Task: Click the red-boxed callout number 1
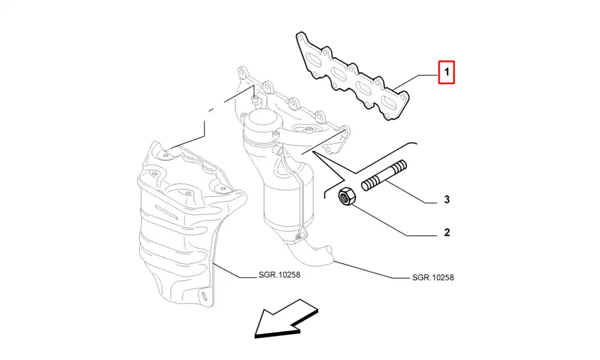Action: (x=446, y=74)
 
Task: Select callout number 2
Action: (x=446, y=232)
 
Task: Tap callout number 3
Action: (x=446, y=200)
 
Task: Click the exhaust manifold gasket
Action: (x=353, y=77)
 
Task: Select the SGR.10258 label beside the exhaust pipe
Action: (x=433, y=277)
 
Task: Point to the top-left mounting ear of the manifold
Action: (x=242, y=75)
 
